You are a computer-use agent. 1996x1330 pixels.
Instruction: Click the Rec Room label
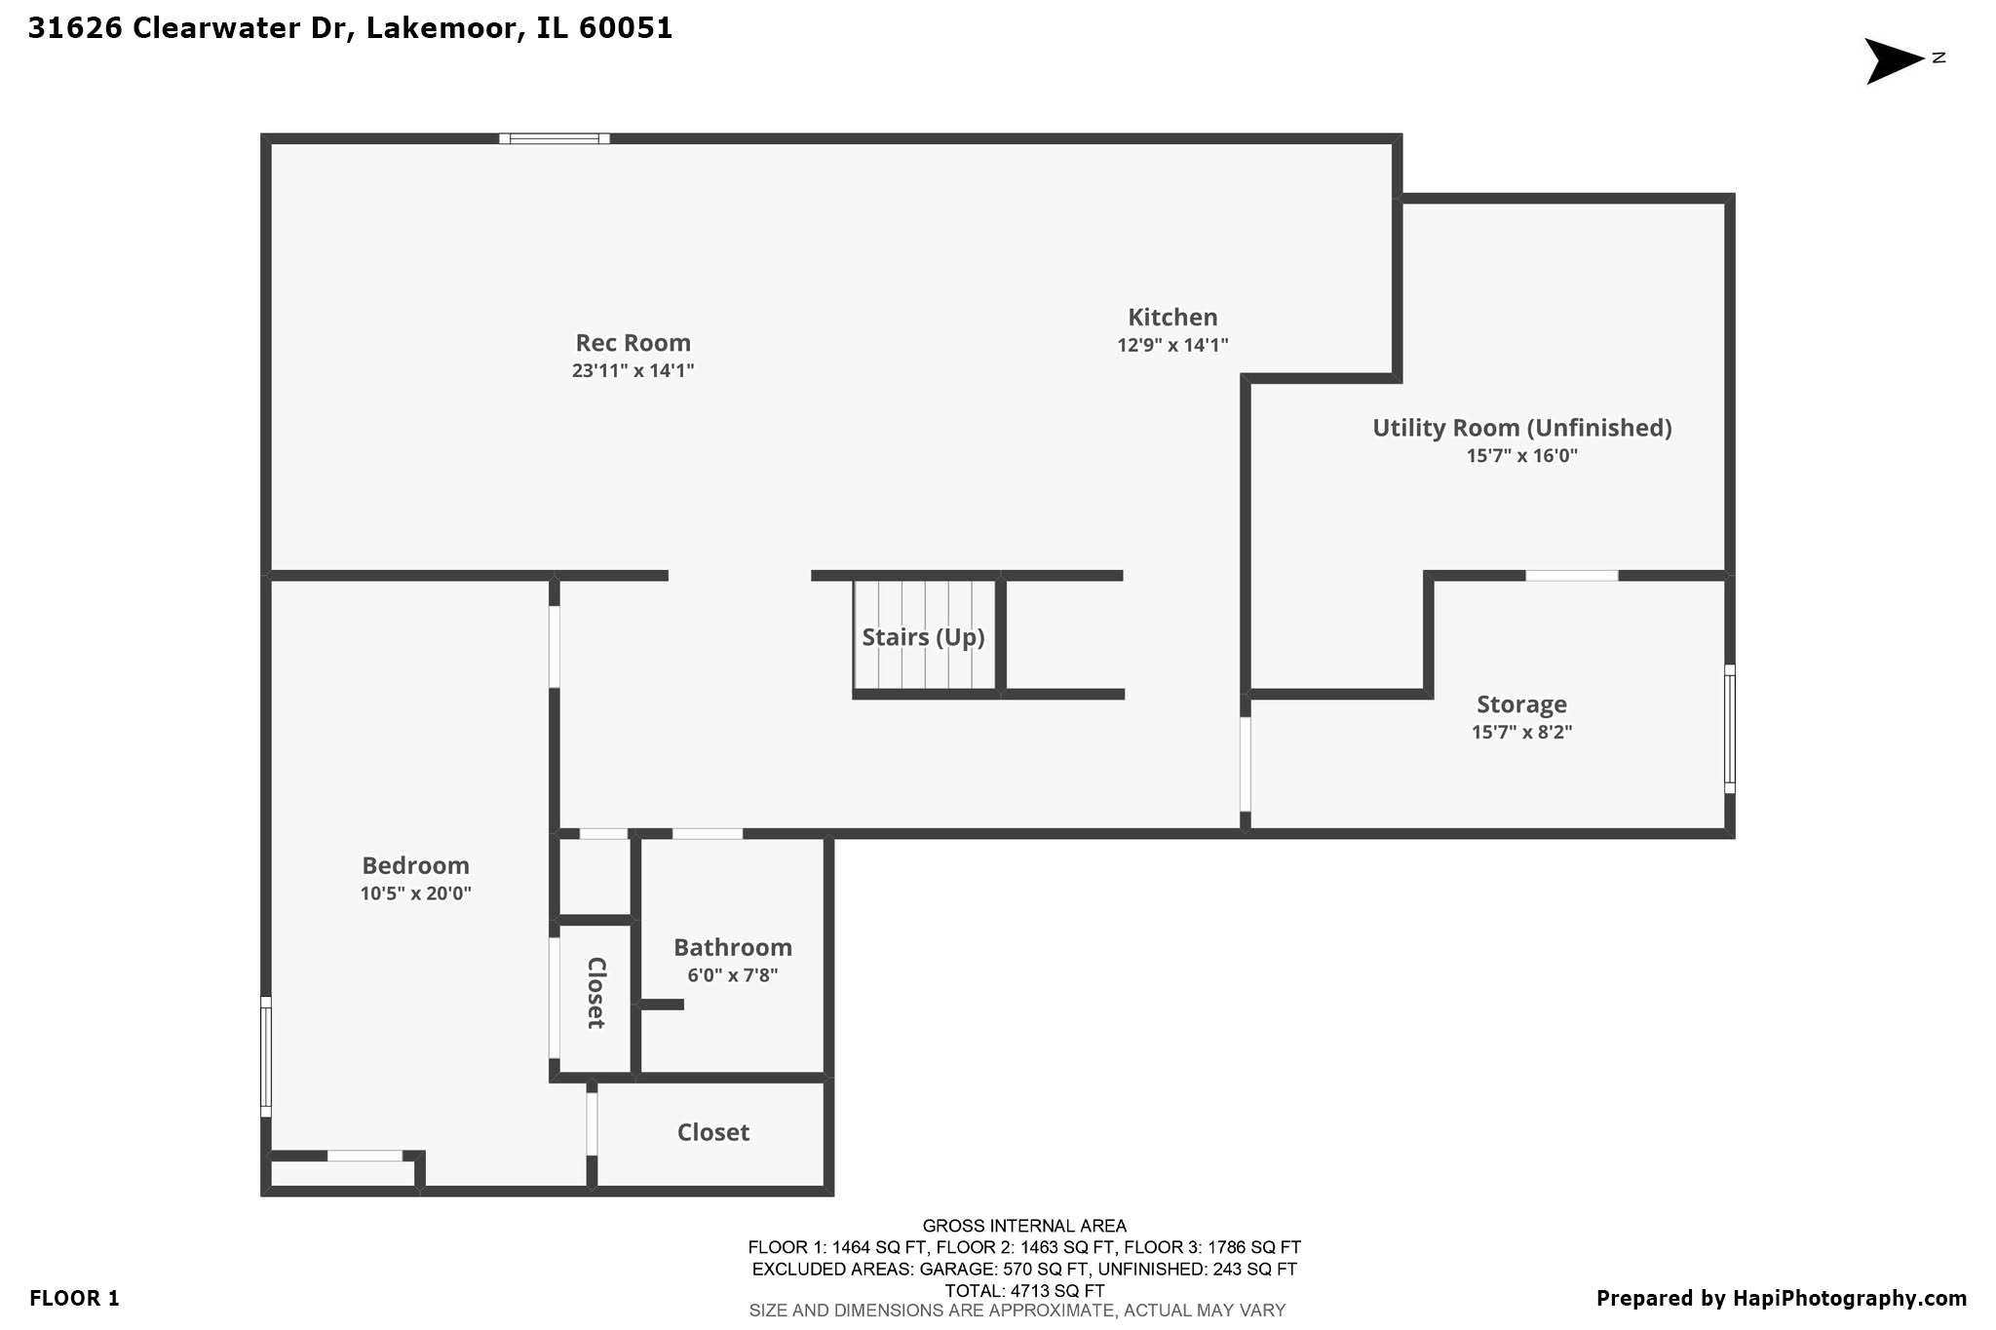tap(633, 343)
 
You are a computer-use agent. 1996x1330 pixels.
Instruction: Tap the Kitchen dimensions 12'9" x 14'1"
tap(1172, 345)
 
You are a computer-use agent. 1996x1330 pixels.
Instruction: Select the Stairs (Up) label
tap(923, 637)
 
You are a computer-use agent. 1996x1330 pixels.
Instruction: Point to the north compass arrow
tap(1893, 60)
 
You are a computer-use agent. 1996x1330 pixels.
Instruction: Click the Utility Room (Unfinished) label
tap(1521, 428)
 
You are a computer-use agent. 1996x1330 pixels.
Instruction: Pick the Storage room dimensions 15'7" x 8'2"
tap(1521, 732)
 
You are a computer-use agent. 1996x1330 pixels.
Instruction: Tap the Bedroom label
tap(415, 865)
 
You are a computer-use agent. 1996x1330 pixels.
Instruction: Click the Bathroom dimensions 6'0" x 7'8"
tap(732, 975)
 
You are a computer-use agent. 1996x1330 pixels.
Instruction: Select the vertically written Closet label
tap(596, 992)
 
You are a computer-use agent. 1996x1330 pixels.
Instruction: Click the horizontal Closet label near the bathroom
tap(712, 1132)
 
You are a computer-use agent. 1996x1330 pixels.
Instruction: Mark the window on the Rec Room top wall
tap(555, 138)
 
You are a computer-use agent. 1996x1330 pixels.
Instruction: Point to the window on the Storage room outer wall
tap(1730, 729)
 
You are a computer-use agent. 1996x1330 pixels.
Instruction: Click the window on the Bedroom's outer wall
tap(266, 1056)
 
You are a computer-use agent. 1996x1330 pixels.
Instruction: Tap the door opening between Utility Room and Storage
tap(1571, 576)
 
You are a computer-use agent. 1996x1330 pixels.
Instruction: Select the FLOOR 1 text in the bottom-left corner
tap(74, 1298)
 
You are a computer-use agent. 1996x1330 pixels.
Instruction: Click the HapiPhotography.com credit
tap(1849, 1298)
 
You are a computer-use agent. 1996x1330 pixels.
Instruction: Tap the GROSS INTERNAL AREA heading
tap(1023, 1226)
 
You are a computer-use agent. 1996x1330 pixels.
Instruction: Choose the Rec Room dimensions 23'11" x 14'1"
tap(633, 370)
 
